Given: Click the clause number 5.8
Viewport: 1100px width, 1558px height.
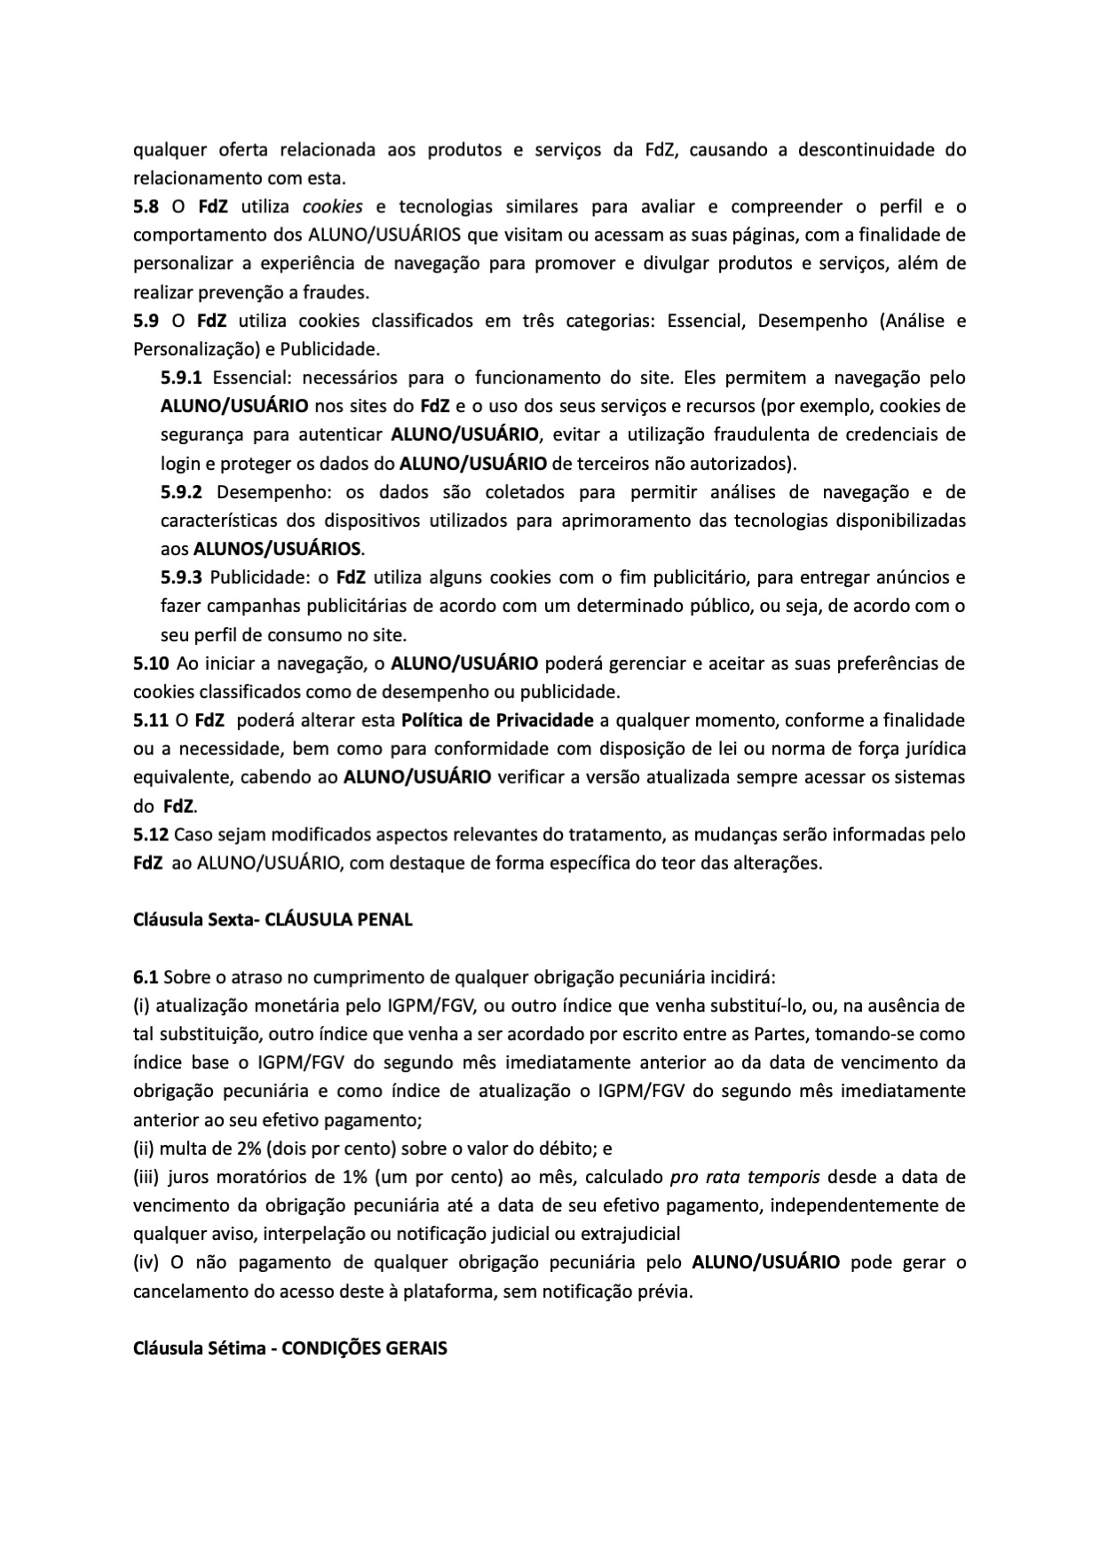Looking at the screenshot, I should pos(146,207).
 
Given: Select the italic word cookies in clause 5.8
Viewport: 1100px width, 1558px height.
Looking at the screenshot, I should pos(332,207).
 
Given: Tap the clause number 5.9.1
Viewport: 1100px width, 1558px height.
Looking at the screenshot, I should pos(181,378).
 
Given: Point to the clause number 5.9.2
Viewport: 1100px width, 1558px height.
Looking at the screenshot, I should pos(181,492).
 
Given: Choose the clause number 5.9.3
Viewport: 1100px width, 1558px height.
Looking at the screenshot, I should pos(181,577).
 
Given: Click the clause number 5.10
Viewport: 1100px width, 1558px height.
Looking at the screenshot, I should pos(150,663).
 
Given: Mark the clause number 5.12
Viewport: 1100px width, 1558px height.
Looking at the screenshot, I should pos(150,834).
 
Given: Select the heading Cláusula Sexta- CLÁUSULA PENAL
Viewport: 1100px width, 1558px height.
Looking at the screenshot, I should pos(273,919).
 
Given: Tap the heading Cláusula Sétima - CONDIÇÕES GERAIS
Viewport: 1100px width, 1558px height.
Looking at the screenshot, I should pos(289,1347).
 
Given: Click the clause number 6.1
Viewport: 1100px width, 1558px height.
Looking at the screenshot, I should pos(146,977).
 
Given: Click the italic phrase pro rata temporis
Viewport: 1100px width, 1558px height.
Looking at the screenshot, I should pos(744,1177).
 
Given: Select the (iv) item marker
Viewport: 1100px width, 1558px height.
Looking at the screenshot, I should pos(146,1262).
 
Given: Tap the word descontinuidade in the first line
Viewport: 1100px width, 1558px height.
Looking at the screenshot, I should pos(865,149).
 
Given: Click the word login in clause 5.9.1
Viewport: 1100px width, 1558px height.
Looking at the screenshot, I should pos(180,463).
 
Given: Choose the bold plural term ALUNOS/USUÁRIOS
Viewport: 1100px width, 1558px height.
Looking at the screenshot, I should pos(277,549).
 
